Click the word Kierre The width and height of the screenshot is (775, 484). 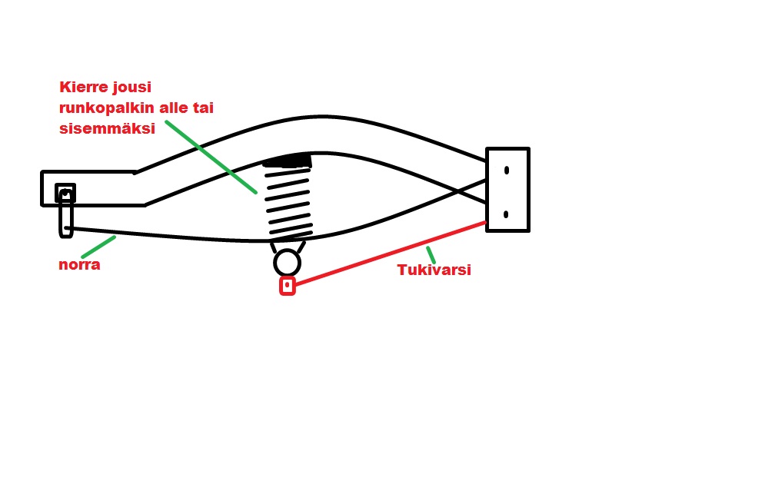click(84, 87)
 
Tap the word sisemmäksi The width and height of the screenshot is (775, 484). click(107, 129)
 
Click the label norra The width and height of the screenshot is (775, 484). click(79, 265)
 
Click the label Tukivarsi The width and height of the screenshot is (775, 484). click(434, 270)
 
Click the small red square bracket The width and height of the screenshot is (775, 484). click(288, 286)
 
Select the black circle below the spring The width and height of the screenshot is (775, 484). click(287, 263)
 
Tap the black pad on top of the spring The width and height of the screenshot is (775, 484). click(288, 161)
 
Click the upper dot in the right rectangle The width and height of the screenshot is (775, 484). click(507, 171)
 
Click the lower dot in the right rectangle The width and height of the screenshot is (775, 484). click(507, 214)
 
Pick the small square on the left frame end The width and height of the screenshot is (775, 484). click(65, 193)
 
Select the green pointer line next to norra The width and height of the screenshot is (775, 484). click(98, 247)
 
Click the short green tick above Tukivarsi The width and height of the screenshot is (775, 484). click(431, 254)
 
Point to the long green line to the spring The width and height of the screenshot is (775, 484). click(211, 156)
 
